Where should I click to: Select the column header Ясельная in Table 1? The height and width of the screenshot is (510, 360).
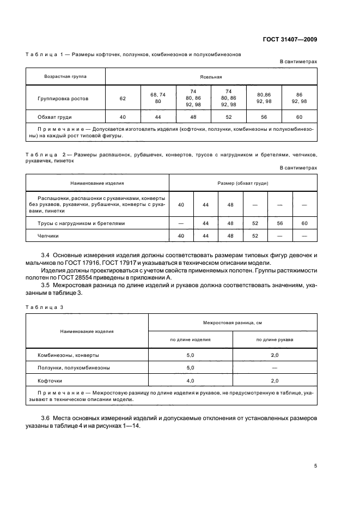pyautogui.click(x=211, y=77)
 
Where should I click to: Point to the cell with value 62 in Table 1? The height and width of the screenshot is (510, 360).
pyautogui.click(x=123, y=99)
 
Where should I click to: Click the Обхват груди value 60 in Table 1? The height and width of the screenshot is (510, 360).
pyautogui.click(x=299, y=117)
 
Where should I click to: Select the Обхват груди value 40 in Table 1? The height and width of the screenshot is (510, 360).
pyautogui.click(x=123, y=117)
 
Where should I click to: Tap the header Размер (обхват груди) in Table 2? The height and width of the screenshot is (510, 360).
pyautogui.click(x=242, y=183)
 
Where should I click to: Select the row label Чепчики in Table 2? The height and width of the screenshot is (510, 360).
pyautogui.click(x=48, y=236)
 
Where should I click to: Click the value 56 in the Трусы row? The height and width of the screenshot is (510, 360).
pyautogui.click(x=280, y=223)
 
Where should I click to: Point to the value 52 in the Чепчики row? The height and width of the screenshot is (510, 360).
pyautogui.click(x=255, y=236)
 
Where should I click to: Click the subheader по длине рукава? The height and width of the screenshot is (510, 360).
pyautogui.click(x=274, y=339)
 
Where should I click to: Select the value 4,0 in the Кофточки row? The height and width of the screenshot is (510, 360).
pyautogui.click(x=191, y=380)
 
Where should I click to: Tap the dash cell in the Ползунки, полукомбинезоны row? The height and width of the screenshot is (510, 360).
pyautogui.click(x=274, y=368)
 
